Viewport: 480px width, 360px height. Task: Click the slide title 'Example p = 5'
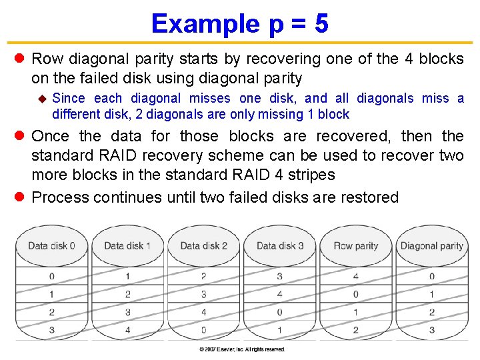[239, 24]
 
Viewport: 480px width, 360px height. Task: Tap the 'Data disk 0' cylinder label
[51, 246]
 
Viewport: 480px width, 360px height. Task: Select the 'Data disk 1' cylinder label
[127, 246]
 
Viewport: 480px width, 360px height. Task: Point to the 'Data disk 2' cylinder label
[203, 246]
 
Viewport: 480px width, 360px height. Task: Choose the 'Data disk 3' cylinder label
[279, 246]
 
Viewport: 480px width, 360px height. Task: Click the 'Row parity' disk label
[355, 246]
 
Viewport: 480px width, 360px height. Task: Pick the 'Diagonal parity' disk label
[431, 246]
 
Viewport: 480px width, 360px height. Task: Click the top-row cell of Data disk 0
[51, 276]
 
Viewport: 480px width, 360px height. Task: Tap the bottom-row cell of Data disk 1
[127, 330]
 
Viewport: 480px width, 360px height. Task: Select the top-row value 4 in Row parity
[355, 276]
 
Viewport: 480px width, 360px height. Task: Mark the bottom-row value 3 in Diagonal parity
[431, 330]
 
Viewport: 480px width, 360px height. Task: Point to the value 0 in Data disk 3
[279, 312]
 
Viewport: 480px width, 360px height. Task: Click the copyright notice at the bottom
[241, 349]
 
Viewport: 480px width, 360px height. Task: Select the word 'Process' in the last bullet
[60, 198]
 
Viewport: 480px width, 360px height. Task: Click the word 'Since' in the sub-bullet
[69, 99]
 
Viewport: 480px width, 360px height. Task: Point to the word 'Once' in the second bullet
[50, 137]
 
